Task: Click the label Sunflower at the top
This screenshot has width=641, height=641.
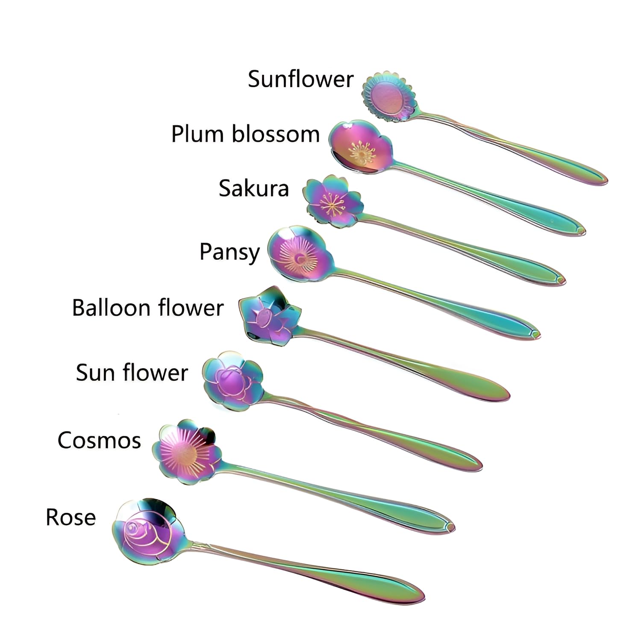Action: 300,79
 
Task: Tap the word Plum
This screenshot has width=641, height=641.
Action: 198,134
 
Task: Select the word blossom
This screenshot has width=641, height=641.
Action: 276,134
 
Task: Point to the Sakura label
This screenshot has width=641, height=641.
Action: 254,188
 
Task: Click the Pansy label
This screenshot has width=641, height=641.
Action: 229,252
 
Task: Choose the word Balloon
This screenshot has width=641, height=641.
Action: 112,308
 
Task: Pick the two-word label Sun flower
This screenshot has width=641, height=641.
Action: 132,373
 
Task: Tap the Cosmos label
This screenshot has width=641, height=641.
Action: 99,440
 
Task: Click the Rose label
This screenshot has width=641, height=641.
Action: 71,517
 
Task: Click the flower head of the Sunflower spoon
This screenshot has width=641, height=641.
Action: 388,96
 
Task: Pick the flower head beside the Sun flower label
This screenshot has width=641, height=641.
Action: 232,380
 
